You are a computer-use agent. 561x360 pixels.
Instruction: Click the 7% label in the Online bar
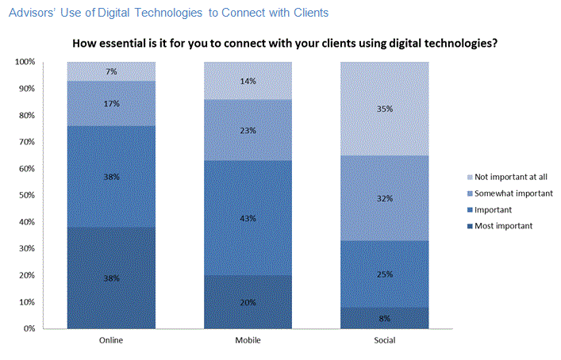111,72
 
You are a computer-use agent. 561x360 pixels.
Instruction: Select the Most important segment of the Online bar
111,278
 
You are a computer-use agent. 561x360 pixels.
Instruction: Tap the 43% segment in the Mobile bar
248,218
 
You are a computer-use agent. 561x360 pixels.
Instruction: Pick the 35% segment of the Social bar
385,109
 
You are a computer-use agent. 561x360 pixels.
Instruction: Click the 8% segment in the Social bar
385,317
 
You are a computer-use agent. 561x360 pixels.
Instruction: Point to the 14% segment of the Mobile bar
248,81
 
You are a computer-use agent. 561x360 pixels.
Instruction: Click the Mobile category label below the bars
248,339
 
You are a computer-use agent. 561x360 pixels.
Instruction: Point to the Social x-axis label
385,339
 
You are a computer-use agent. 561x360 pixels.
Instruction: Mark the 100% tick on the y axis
25,62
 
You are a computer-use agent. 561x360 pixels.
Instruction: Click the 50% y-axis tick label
27,195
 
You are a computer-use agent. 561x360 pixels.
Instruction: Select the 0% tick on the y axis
29,328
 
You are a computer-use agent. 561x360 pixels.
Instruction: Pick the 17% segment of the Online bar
111,103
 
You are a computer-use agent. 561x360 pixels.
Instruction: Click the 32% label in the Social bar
385,199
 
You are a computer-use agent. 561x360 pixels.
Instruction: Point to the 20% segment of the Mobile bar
248,301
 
